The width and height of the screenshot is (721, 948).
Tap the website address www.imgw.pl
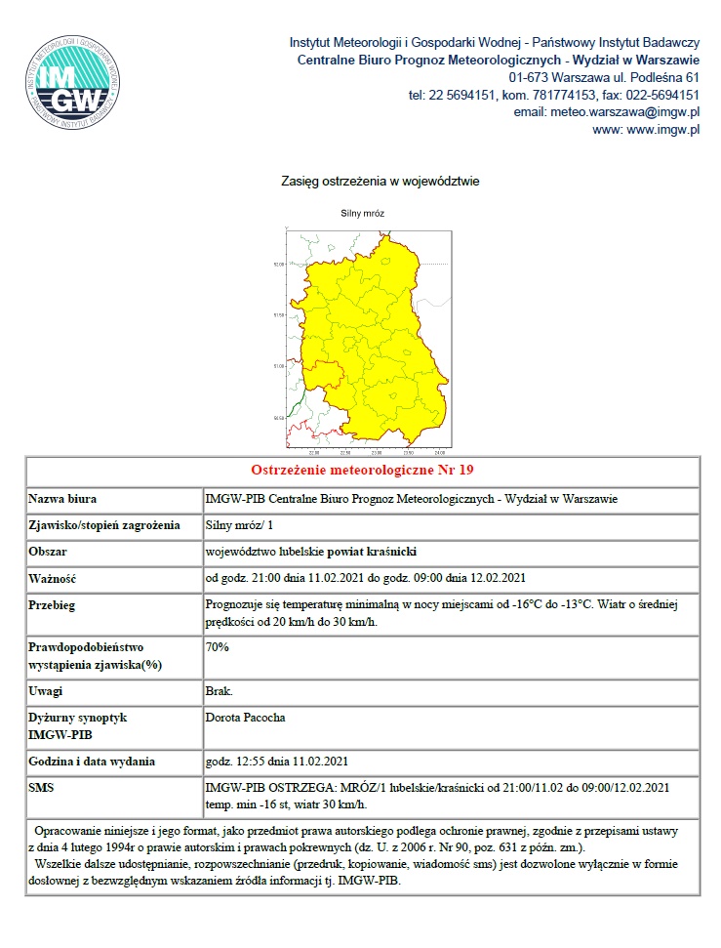(646, 130)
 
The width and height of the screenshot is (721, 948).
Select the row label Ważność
(54, 578)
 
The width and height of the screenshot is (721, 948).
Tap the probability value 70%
(218, 646)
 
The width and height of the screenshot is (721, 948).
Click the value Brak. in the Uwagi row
(219, 691)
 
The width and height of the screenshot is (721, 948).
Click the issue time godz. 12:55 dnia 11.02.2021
(277, 762)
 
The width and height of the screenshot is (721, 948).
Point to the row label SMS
(43, 787)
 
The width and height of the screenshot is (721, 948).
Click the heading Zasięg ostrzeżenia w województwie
(380, 182)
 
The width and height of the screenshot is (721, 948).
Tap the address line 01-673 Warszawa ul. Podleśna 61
(604, 77)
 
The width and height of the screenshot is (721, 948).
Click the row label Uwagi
(48, 691)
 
